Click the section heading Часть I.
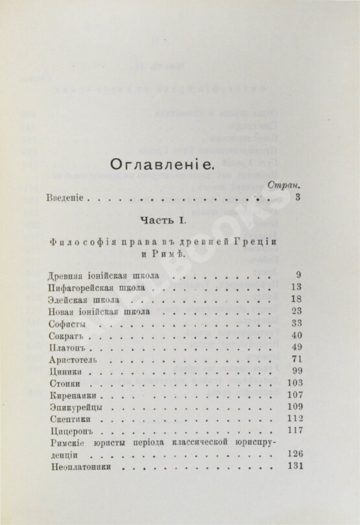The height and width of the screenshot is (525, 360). (x=174, y=222)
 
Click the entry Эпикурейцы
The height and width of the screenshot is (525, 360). (x=74, y=408)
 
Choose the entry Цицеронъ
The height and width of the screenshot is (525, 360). (x=70, y=431)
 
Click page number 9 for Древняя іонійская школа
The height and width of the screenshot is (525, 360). (x=297, y=275)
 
